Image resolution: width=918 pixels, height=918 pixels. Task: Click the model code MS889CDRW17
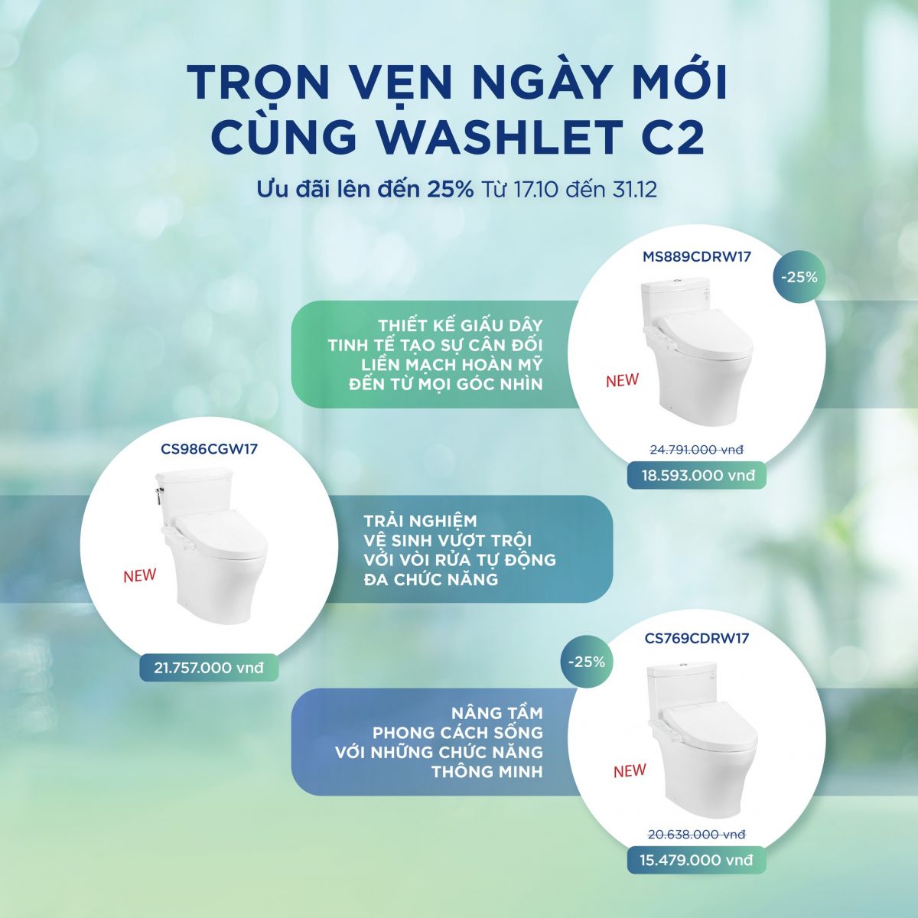696,257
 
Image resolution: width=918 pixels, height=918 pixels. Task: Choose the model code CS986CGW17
209,448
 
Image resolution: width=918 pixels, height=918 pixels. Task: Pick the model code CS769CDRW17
696,638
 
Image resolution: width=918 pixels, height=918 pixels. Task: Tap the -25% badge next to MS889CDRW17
799,277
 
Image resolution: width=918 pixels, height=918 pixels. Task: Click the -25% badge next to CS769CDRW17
587,662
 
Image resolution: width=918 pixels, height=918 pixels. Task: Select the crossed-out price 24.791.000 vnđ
696,449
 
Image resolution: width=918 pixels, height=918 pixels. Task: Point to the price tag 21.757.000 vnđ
209,667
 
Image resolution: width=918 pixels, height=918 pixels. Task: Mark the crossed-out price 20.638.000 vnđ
696,834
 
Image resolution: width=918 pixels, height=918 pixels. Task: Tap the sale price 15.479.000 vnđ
696,860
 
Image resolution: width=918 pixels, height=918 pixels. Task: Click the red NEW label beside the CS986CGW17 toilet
139,575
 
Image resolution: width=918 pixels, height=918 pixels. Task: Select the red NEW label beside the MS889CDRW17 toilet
622,380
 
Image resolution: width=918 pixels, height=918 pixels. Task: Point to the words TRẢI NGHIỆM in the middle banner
420,521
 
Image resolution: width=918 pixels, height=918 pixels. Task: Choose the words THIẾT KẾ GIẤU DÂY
461,326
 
